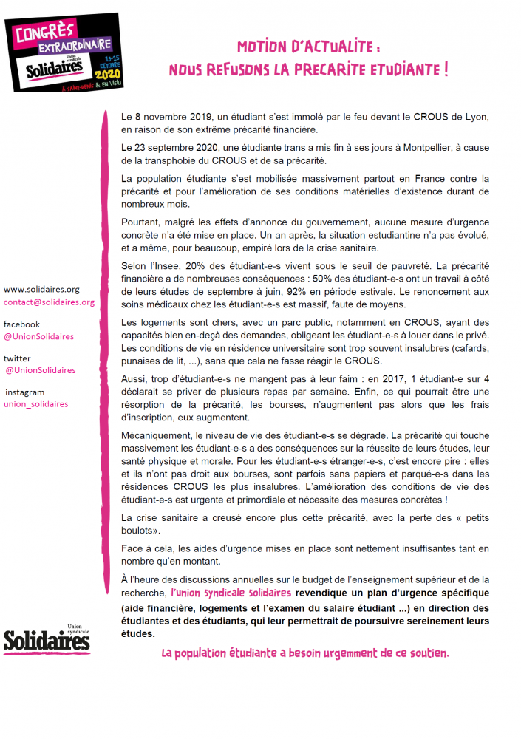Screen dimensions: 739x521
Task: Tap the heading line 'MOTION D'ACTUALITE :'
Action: [309, 47]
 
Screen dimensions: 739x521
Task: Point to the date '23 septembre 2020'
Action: [177, 148]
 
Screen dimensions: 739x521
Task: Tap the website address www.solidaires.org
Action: [41, 290]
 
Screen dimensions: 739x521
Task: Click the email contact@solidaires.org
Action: [49, 302]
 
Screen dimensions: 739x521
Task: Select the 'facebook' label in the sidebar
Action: [22, 324]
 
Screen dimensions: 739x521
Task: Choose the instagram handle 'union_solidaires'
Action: [36, 404]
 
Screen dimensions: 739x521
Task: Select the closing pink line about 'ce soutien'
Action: [305, 653]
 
